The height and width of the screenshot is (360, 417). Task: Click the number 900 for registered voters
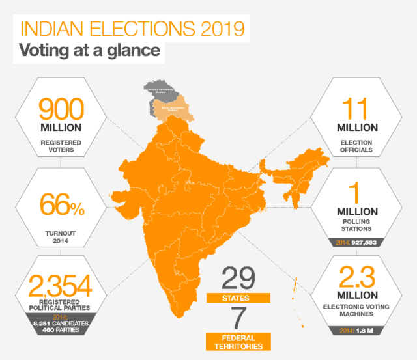(x=61, y=107)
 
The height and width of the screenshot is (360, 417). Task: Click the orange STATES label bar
(x=238, y=298)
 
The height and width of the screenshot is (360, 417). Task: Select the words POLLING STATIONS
(x=356, y=225)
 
